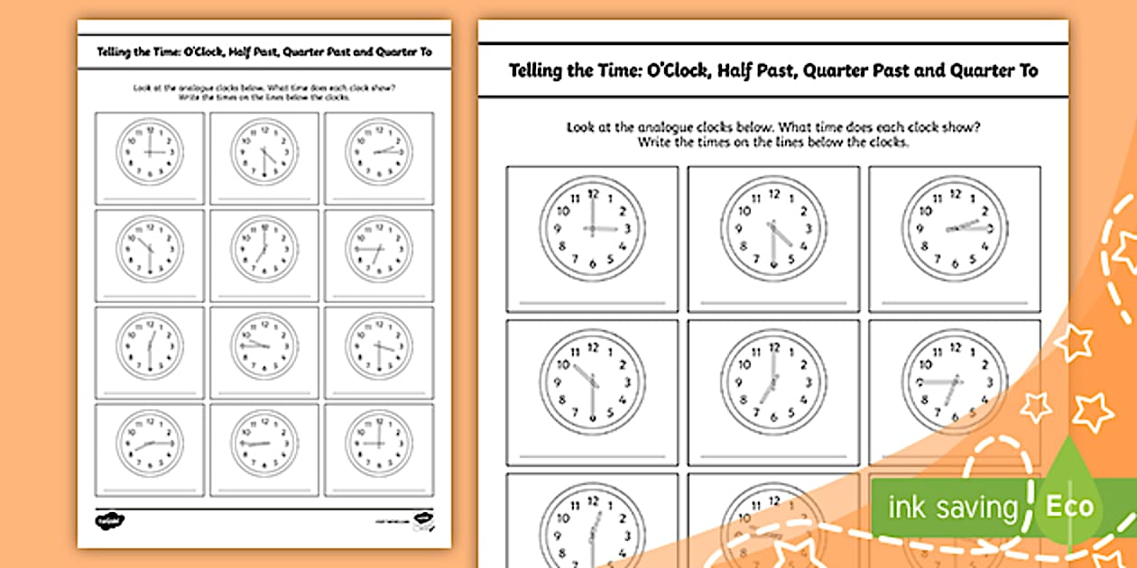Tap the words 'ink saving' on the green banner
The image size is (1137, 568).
[953, 508]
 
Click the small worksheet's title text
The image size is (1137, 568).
[263, 51]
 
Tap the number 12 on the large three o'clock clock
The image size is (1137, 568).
[593, 193]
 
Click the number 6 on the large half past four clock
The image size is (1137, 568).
[773, 264]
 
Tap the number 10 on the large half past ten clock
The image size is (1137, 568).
[564, 363]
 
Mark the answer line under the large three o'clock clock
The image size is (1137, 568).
[592, 301]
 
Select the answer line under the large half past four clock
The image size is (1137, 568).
[773, 301]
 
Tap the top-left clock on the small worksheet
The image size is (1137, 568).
[149, 151]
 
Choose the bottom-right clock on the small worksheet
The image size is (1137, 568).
[378, 443]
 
